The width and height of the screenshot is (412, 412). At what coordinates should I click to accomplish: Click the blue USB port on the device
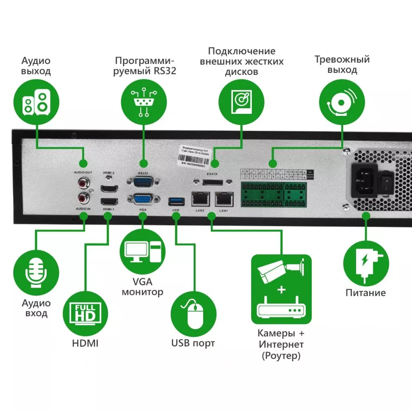click(175, 200)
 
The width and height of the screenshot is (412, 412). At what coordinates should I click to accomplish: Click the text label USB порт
click(193, 343)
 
